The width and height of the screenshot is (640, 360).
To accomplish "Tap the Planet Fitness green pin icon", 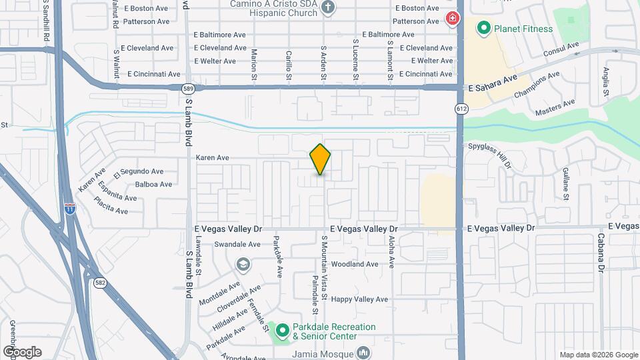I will [x=483, y=29].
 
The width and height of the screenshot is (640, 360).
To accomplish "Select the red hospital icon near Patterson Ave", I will [x=451, y=19].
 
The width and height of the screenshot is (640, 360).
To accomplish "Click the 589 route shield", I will [x=189, y=87].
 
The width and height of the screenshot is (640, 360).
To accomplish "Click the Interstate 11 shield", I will [x=69, y=209].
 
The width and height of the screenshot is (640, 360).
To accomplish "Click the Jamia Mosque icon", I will [x=363, y=353].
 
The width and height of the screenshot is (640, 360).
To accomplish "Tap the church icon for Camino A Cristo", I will [x=327, y=7].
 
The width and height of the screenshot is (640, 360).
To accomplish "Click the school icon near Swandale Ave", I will [x=243, y=265].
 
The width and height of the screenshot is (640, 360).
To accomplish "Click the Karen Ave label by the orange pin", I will [x=213, y=158].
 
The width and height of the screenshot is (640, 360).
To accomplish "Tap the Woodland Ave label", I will [x=355, y=264].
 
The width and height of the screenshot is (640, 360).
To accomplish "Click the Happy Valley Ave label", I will [x=359, y=299].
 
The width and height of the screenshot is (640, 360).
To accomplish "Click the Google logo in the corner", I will [x=23, y=351].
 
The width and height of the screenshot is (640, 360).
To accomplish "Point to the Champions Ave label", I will [x=537, y=86].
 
